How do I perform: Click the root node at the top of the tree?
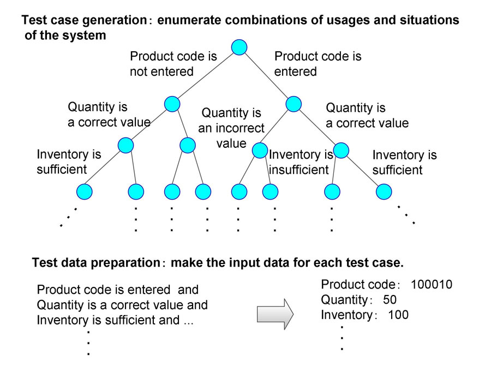(x=239, y=47)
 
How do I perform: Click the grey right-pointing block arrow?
(x=275, y=314)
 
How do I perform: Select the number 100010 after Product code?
(x=432, y=285)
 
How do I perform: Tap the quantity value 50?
(x=390, y=300)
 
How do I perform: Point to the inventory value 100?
(x=398, y=315)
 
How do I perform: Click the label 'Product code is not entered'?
(x=173, y=64)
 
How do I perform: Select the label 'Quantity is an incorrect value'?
(x=231, y=128)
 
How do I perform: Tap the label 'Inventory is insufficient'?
(x=301, y=162)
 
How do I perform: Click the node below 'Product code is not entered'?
(x=172, y=104)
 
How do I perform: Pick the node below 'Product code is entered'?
(x=294, y=104)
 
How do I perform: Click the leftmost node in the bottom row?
(x=84, y=191)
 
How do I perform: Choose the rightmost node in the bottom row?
(x=384, y=191)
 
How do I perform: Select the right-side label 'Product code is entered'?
(x=318, y=64)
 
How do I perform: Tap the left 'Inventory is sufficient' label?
(x=69, y=162)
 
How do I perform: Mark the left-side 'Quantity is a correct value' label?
(x=109, y=115)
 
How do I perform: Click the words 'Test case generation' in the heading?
(x=84, y=20)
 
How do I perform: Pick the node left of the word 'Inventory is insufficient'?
(x=260, y=150)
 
